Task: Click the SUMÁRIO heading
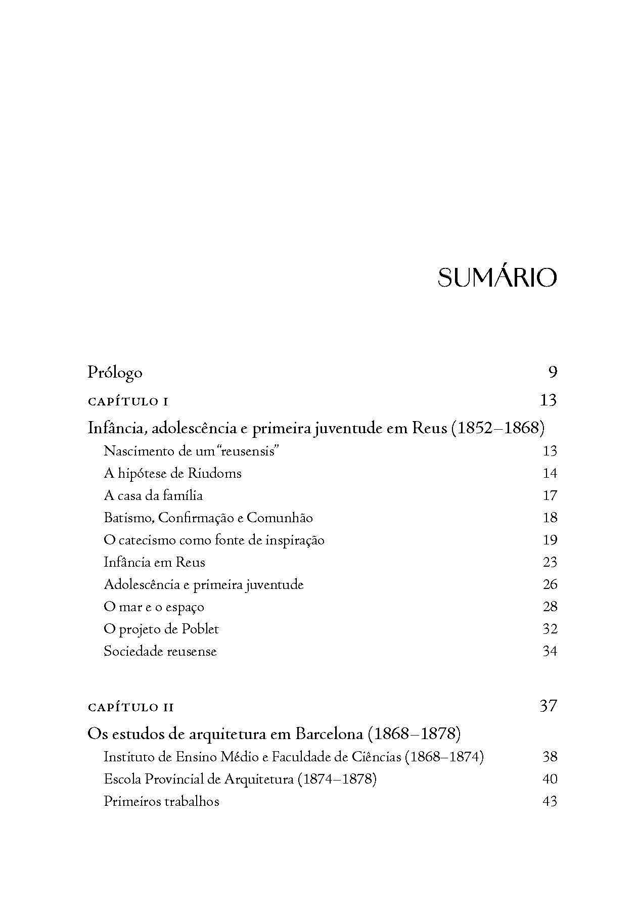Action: tap(497, 278)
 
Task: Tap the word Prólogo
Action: tap(115, 373)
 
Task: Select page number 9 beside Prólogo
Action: tap(552, 373)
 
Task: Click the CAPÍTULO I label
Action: tap(128, 402)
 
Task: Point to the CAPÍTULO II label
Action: tap(130, 707)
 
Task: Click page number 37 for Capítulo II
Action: tap(549, 706)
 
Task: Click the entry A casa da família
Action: tap(153, 495)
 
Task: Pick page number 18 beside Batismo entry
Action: tap(550, 518)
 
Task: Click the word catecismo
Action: tap(144, 540)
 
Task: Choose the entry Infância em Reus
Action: tap(154, 562)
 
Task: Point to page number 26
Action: tap(550, 584)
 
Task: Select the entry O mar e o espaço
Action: tap(154, 607)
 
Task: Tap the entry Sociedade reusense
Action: tap(160, 651)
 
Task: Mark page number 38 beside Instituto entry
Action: tap(550, 757)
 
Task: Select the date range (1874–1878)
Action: tap(337, 779)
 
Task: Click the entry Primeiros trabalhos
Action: tap(161, 801)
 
